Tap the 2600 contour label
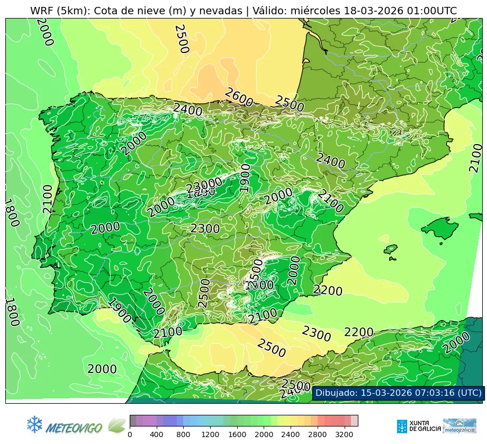[x=239, y=98]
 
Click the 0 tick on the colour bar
[x=130, y=435]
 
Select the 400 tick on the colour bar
[x=157, y=435]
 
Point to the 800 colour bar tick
[x=184, y=435]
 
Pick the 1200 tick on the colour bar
[x=210, y=435]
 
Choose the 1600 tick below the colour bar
[x=237, y=435]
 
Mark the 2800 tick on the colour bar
[x=318, y=435]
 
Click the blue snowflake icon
[x=34, y=424]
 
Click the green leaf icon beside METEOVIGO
[x=116, y=425]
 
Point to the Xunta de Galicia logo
[x=418, y=426]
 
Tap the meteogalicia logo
[x=459, y=426]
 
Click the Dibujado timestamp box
[x=397, y=393]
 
